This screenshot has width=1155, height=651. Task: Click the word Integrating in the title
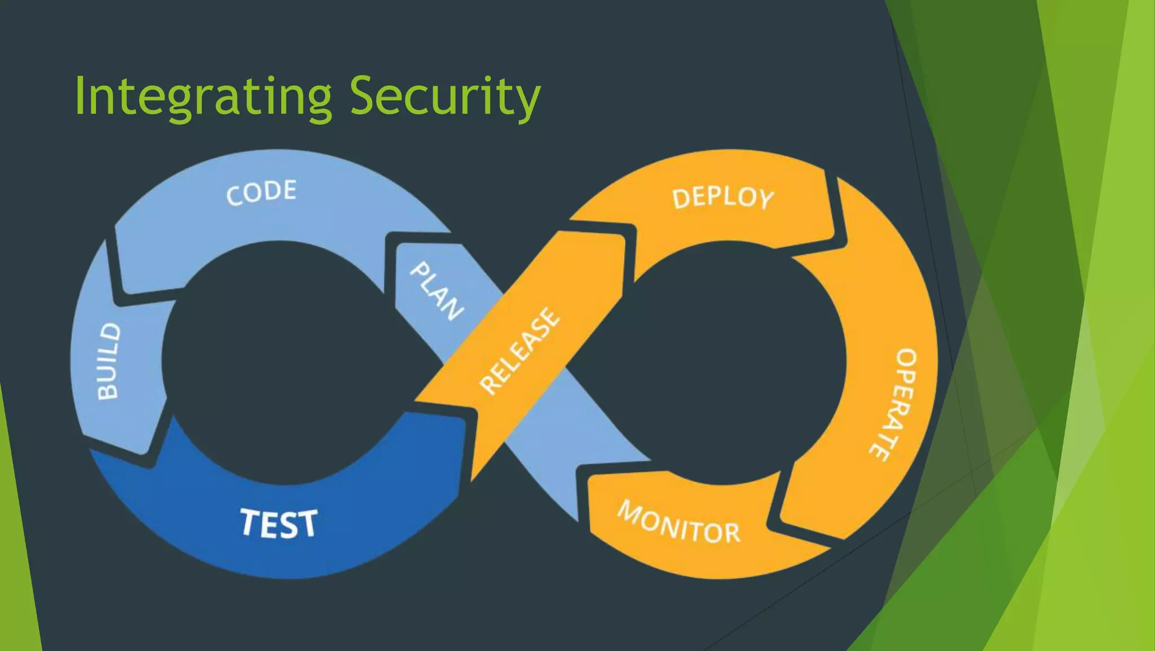203,97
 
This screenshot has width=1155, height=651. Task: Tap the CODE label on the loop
261,192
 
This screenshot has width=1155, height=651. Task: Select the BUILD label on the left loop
108,361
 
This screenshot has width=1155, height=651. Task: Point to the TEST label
279,523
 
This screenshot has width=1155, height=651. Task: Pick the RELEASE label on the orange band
519,351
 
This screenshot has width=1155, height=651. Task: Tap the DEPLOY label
723,198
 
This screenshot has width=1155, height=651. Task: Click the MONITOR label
679,523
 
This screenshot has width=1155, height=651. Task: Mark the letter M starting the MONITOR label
631,510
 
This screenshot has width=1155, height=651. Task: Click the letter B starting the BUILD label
108,390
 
